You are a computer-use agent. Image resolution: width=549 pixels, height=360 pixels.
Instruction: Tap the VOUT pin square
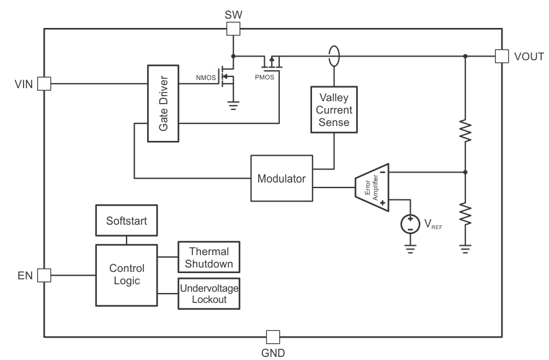(501, 56)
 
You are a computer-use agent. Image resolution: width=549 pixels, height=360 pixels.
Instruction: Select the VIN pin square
(44, 84)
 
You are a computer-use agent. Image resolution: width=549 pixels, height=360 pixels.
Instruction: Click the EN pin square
(44, 274)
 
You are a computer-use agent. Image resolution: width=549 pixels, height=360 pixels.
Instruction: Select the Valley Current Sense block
(334, 109)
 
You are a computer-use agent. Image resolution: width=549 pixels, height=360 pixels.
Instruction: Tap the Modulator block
(282, 178)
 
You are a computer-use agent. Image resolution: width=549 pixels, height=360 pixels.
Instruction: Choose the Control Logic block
(127, 274)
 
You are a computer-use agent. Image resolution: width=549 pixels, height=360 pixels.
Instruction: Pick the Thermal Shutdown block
(209, 257)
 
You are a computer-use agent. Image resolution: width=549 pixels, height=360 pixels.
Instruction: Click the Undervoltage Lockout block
(209, 293)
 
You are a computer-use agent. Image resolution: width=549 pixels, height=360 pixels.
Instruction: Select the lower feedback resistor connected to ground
(465, 215)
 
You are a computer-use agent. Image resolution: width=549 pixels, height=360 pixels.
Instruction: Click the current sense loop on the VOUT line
(334, 57)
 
